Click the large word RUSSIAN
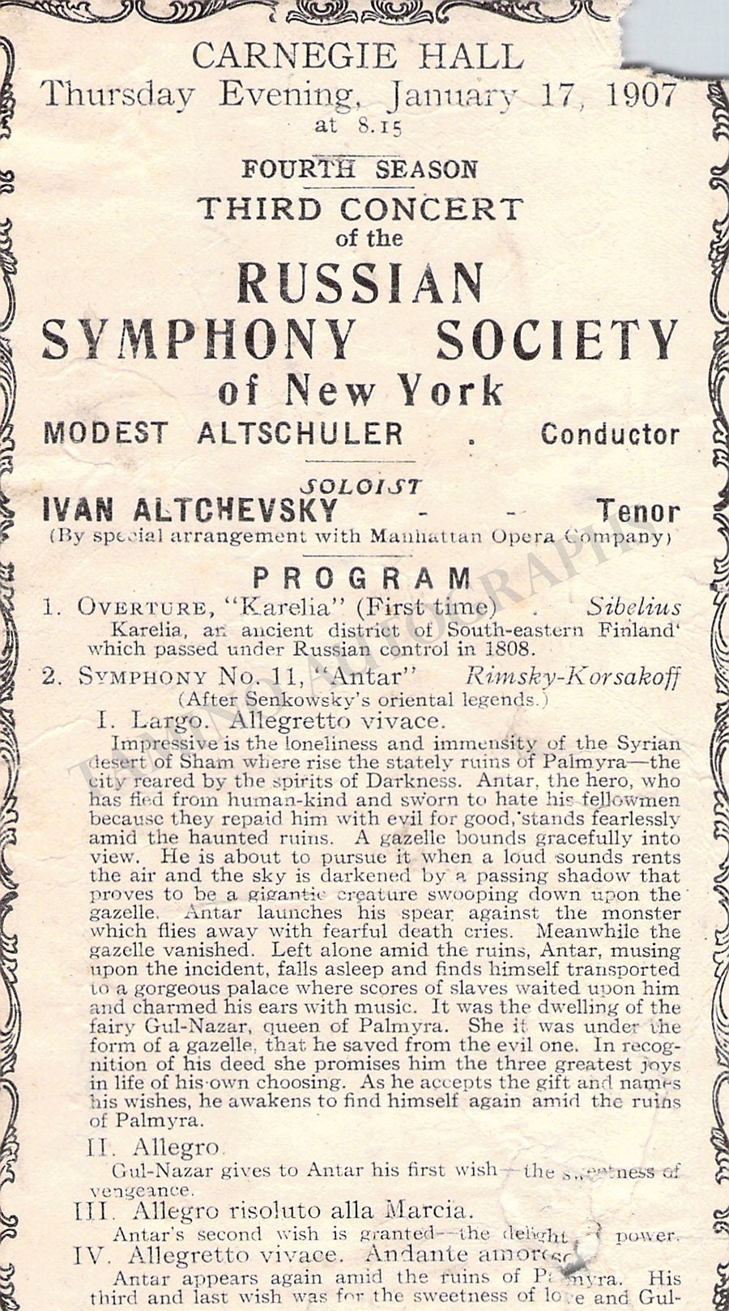[360, 283]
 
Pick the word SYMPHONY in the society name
[199, 339]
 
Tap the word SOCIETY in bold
[557, 339]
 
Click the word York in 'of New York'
[450, 392]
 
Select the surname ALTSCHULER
[301, 432]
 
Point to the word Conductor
[610, 434]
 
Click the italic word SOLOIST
[360, 486]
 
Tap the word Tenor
[638, 511]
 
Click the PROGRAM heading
[362, 578]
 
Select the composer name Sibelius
[635, 607]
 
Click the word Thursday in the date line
[118, 96]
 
